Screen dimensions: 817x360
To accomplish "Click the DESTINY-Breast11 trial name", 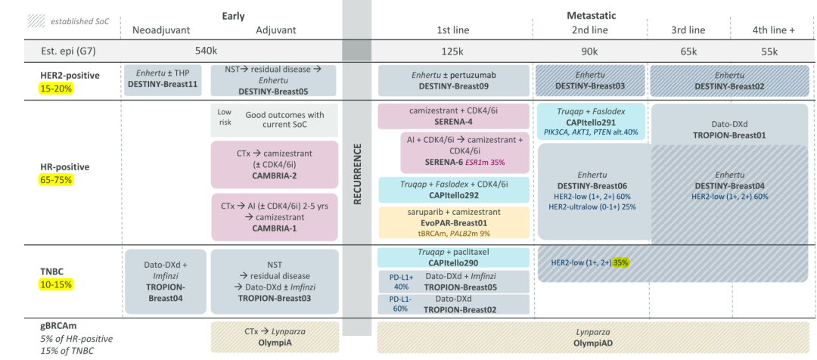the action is click(165, 85).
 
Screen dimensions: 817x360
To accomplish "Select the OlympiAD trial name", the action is click(592, 343).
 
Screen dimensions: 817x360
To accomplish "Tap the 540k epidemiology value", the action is click(205, 51).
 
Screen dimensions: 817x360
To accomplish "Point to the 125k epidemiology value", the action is click(452, 51).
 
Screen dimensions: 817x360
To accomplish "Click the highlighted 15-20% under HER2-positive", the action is click(54, 88).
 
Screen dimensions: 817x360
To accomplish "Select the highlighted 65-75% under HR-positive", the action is click(54, 180).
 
